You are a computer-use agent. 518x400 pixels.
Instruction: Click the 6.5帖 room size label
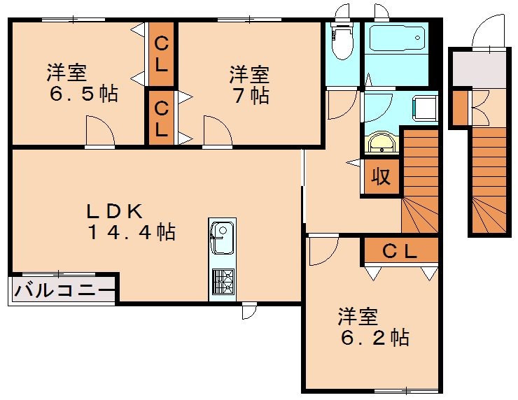click(83, 94)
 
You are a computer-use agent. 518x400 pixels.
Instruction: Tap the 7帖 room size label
click(251, 94)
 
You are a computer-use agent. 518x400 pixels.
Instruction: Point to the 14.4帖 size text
click(131, 232)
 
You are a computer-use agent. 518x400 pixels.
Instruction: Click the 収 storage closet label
click(380, 176)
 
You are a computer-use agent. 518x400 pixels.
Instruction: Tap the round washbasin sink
click(381, 143)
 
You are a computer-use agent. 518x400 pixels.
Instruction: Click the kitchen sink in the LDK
click(222, 236)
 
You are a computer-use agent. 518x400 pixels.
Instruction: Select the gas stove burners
click(222, 282)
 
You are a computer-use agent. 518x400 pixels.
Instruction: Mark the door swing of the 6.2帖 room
click(321, 252)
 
